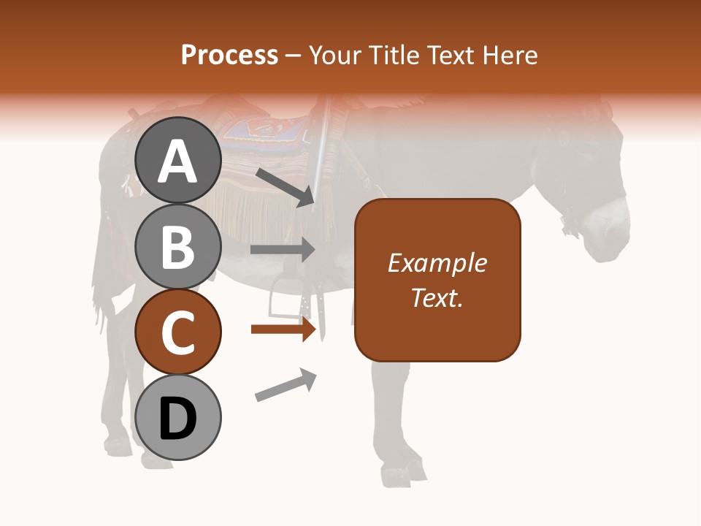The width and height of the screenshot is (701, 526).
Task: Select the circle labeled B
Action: coord(178,246)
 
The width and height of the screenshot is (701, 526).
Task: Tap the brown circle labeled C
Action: coord(178,332)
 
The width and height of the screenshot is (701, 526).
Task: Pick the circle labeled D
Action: coord(178,418)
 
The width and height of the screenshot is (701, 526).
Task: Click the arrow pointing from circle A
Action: coord(284,186)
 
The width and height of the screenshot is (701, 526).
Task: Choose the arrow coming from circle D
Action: coord(286,385)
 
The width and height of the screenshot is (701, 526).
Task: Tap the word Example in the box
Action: coord(437,263)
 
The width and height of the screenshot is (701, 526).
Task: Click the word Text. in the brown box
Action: coord(437,298)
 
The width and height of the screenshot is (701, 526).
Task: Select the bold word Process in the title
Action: coord(229,55)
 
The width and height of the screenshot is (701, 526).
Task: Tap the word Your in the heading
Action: coord(332,55)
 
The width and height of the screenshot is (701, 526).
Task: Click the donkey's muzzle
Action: coord(610,234)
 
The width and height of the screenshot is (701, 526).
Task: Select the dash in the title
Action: coord(293,56)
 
